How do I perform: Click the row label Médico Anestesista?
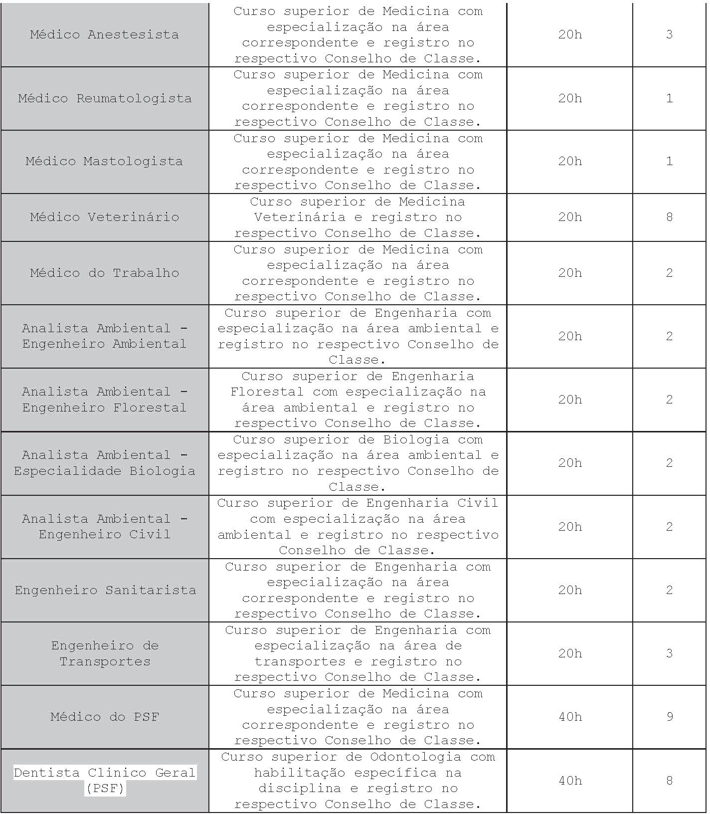coord(104,34)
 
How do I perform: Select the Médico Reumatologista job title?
coord(105,98)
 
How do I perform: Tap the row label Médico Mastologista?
coord(104,162)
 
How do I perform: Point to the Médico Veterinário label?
coord(104,217)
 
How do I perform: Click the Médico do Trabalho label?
coord(104,273)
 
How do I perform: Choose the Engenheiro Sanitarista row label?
coord(105,590)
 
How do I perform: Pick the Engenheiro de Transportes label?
coord(105,653)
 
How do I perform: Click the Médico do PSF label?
coord(105,717)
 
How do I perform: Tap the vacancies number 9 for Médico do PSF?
coord(669,717)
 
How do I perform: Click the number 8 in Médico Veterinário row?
coord(669,217)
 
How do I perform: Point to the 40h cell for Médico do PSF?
coord(570,717)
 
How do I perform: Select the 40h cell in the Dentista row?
coord(570,780)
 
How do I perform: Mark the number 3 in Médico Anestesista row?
coord(669,34)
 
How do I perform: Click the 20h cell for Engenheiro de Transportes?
coord(570,653)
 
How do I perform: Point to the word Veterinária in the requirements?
coord(300,217)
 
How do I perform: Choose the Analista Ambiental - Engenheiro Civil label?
coord(105,527)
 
